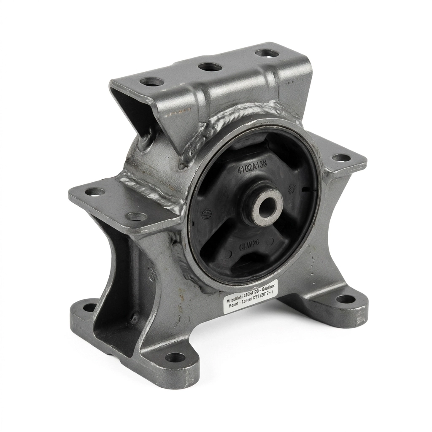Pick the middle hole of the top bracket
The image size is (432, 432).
[x=210, y=67]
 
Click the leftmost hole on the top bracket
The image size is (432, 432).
[x=152, y=81]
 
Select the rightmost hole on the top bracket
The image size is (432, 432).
[x=267, y=53]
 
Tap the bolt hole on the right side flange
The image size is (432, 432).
[x=341, y=158]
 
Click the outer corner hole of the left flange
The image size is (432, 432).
[x=94, y=192]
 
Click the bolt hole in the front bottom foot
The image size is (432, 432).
[x=175, y=358]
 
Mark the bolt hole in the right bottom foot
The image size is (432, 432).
[x=346, y=299]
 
